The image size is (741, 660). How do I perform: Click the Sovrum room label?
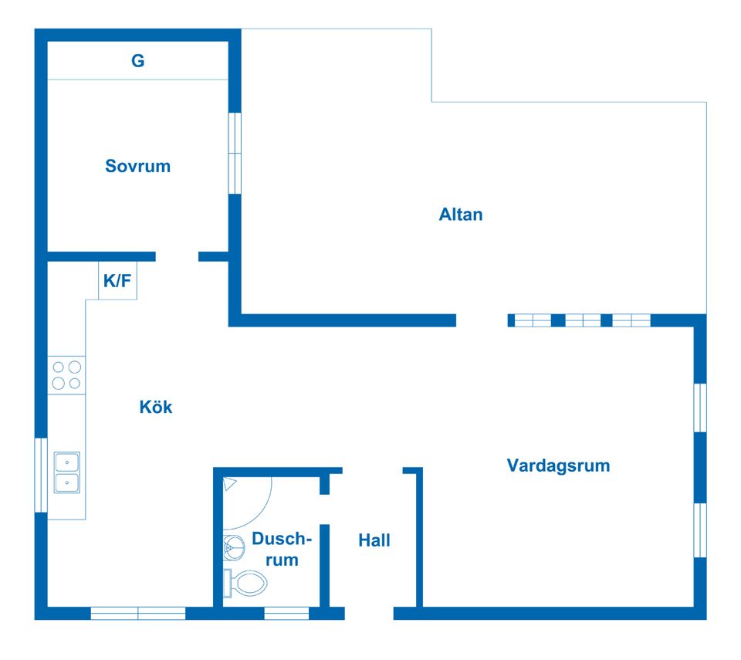coord(137,166)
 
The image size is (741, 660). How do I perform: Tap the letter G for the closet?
coord(137,60)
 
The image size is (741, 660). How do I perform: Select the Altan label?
coord(461,215)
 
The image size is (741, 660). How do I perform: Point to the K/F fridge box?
coord(117,280)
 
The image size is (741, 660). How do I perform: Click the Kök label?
coord(156,407)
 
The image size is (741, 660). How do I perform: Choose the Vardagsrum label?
coord(558,465)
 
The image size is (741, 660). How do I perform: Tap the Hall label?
coord(374,540)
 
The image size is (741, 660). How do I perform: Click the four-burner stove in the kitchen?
coord(66,375)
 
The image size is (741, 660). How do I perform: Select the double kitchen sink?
coord(66,472)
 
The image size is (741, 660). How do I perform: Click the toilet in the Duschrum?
coord(245,583)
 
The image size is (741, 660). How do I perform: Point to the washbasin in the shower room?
coord(233,548)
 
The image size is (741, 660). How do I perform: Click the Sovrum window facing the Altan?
coord(235,153)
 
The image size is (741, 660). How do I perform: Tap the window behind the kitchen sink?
coord(41,476)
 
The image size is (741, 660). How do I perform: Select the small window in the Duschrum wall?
coord(286,614)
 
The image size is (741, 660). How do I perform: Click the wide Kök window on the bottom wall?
coord(138,614)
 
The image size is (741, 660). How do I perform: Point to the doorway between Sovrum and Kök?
coord(177,257)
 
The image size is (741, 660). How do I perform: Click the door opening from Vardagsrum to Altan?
coord(482,320)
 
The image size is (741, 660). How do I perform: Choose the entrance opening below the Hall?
coord(369,614)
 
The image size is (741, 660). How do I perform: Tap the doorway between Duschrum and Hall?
coord(325,509)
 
